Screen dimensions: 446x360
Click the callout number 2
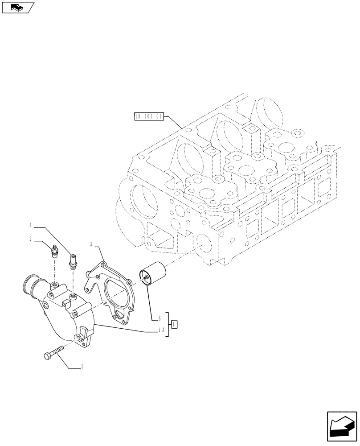30,239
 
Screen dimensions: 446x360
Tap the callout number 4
30,225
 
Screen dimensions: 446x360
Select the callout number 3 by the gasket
91,244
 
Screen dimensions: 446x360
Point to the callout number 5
82,368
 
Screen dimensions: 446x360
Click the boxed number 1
175,324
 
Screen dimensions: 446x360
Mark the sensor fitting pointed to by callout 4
72,261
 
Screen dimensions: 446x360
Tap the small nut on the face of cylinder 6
146,279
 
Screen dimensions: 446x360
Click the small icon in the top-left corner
17,7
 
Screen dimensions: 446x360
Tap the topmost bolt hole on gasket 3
104,264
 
